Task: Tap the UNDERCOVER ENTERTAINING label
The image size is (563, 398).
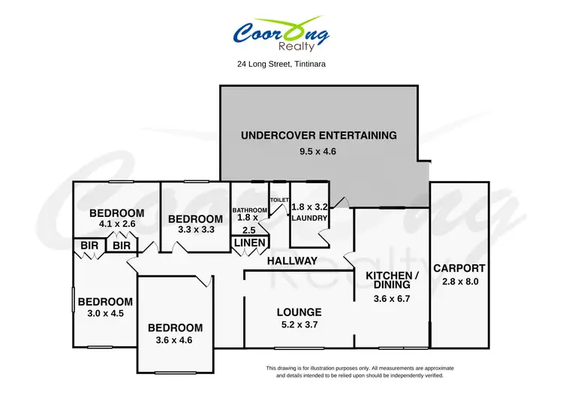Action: tap(318, 136)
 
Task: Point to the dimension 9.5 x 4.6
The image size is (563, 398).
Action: tap(318, 152)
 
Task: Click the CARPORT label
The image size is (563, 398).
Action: tap(459, 268)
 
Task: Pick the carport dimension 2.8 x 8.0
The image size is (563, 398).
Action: tap(459, 282)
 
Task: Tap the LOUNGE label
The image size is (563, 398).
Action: tap(299, 312)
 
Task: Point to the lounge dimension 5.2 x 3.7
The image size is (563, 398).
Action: tap(299, 325)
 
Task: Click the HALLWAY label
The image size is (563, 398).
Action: tap(292, 261)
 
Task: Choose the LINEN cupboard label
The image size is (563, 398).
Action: tap(248, 243)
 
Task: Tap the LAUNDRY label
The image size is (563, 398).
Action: tap(309, 219)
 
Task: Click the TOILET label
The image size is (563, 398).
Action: tap(279, 200)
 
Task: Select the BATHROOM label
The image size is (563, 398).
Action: tap(248, 210)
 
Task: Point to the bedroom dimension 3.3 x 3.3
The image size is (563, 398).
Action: tap(195, 231)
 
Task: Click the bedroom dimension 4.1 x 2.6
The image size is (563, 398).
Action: tap(116, 223)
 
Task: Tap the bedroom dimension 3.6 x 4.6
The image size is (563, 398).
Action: tap(175, 340)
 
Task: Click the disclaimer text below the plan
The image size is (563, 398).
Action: tap(360, 371)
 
